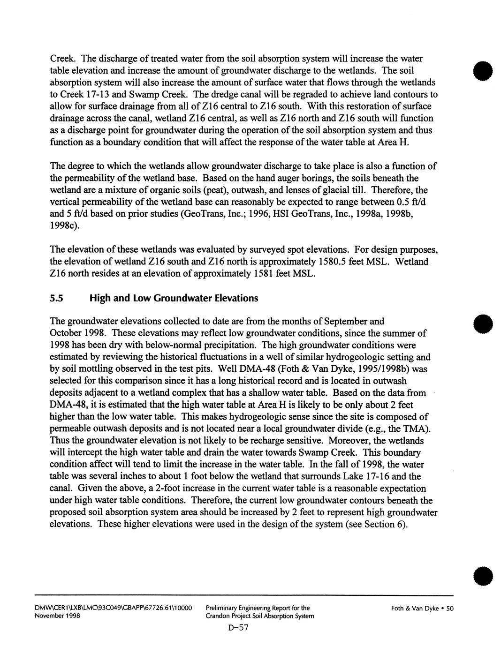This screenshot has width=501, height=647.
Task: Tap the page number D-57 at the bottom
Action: [x=238, y=628]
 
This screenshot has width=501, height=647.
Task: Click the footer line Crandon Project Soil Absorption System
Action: [x=259, y=616]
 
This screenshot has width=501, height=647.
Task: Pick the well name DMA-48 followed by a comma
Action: [x=67, y=405]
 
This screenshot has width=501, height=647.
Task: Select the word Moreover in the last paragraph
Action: [x=348, y=441]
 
